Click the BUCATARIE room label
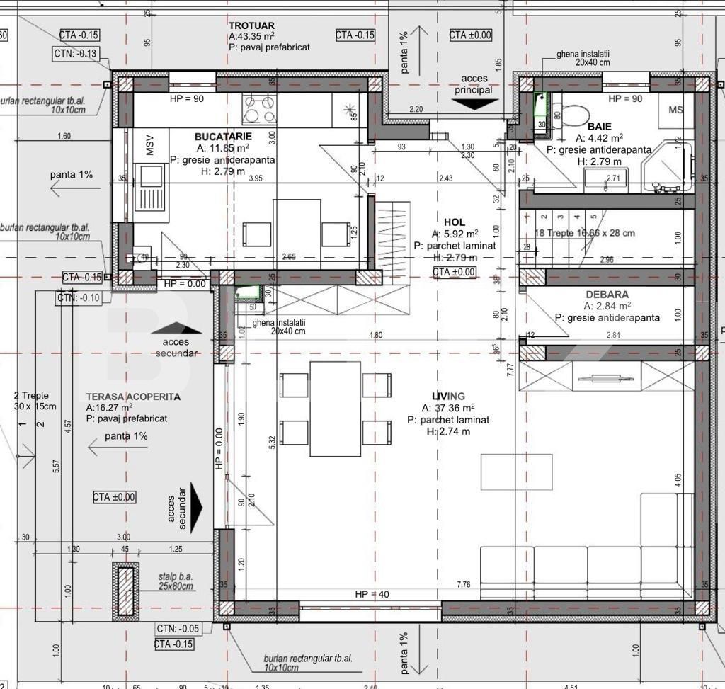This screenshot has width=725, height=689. coord(223,136)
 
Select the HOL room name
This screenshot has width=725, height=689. coord(455,222)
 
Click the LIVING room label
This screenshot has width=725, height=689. coord(449,396)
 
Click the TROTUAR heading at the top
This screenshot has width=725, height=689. coord(252,25)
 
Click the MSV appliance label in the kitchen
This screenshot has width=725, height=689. coord(149,147)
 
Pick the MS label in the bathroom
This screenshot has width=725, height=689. coord(676,110)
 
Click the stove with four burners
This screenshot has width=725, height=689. coord(260,110)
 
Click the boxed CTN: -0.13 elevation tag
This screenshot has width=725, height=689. coord(76,53)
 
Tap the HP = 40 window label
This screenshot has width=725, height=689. coord(372,594)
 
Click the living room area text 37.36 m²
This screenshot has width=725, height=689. coord(448,408)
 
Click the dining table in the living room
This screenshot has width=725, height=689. coord(336,409)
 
